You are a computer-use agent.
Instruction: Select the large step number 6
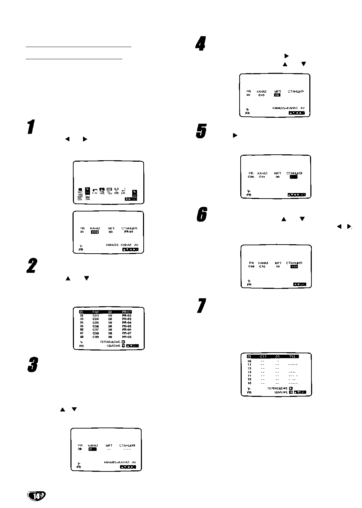(201, 214)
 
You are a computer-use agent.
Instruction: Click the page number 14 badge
(36, 496)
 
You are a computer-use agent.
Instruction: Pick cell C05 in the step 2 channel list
(96, 323)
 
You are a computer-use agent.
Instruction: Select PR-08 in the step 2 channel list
(127, 337)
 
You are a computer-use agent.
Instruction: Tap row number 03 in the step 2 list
(82, 319)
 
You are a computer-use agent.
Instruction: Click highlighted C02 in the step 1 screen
(95, 232)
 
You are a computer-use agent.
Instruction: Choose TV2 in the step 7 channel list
(293, 356)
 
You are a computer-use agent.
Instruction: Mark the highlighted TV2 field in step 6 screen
(294, 267)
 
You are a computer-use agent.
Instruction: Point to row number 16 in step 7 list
(249, 383)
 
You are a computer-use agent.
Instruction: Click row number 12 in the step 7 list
(249, 368)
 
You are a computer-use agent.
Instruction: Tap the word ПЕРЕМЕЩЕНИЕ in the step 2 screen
(110, 342)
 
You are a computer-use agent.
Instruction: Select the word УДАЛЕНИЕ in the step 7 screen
(281, 392)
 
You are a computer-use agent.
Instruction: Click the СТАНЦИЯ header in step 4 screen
(295, 91)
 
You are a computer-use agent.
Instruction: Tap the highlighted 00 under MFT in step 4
(277, 95)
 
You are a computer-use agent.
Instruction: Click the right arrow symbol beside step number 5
(235, 135)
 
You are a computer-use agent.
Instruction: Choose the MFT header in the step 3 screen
(109, 445)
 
